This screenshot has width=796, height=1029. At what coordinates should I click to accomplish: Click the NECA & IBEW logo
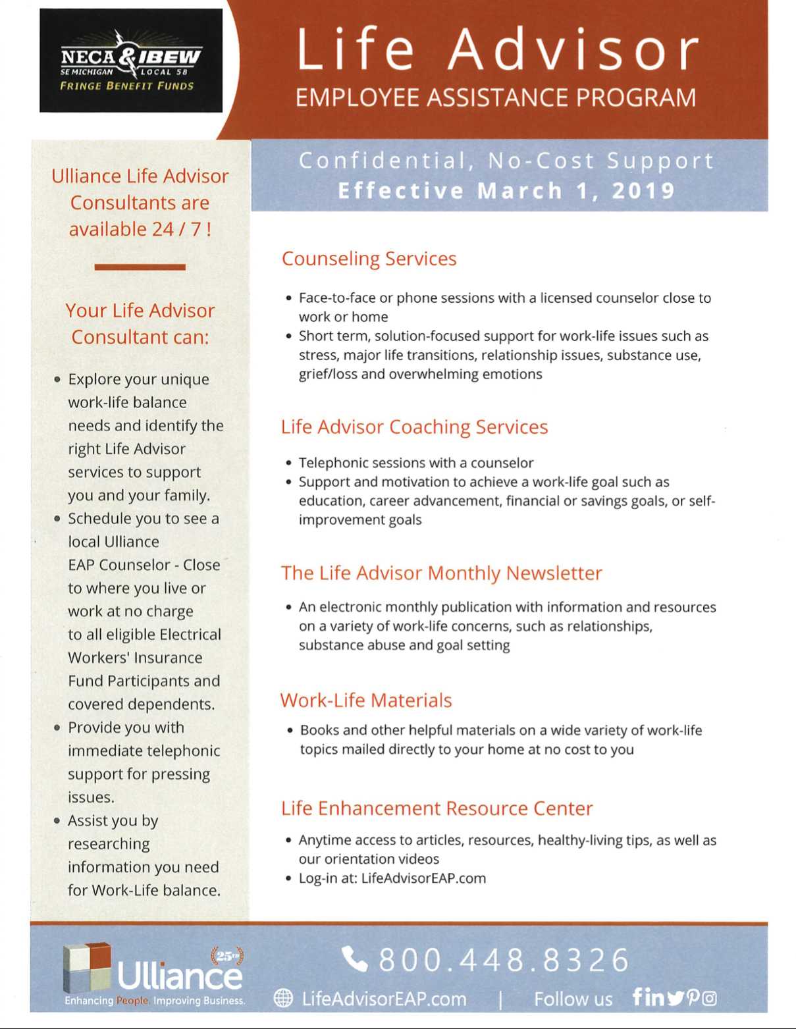click(130, 61)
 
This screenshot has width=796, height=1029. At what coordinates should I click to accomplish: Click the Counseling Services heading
click(369, 259)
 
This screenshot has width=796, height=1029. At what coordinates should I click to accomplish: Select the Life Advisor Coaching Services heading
click(414, 427)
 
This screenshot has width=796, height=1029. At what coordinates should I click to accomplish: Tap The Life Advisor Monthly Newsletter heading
click(441, 573)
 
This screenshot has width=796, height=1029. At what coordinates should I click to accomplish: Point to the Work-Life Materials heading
click(366, 700)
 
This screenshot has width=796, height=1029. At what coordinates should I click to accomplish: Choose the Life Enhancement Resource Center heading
click(437, 808)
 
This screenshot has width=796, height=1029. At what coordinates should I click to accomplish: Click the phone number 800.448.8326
click(504, 960)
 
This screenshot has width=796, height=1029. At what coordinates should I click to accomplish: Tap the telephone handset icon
click(355, 959)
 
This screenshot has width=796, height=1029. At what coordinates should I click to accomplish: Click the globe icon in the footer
click(283, 999)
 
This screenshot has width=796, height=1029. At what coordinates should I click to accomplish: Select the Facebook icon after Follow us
click(637, 997)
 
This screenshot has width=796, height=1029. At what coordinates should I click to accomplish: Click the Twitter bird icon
click(675, 999)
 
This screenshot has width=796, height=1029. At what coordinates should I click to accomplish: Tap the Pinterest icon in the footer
click(693, 999)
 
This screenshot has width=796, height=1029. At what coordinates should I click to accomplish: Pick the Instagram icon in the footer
click(709, 999)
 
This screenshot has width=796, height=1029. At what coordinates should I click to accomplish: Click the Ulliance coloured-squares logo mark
click(86, 968)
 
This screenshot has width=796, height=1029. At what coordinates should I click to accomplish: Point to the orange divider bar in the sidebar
click(140, 267)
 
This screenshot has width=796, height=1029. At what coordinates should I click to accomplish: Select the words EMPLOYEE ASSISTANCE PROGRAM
click(495, 98)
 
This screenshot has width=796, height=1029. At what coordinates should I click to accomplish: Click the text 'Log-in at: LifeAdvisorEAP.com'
click(392, 878)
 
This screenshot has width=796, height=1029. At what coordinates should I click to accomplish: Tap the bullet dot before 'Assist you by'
click(58, 821)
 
